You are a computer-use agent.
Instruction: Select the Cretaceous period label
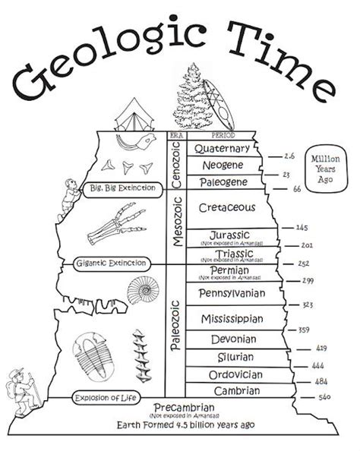(x=226, y=207)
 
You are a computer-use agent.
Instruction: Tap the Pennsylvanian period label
(x=231, y=293)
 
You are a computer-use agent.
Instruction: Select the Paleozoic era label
(x=175, y=326)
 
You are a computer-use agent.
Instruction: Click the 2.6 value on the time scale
(x=289, y=156)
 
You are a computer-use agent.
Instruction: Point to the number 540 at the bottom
(x=324, y=396)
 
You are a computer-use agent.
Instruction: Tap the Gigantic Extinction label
(x=111, y=263)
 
